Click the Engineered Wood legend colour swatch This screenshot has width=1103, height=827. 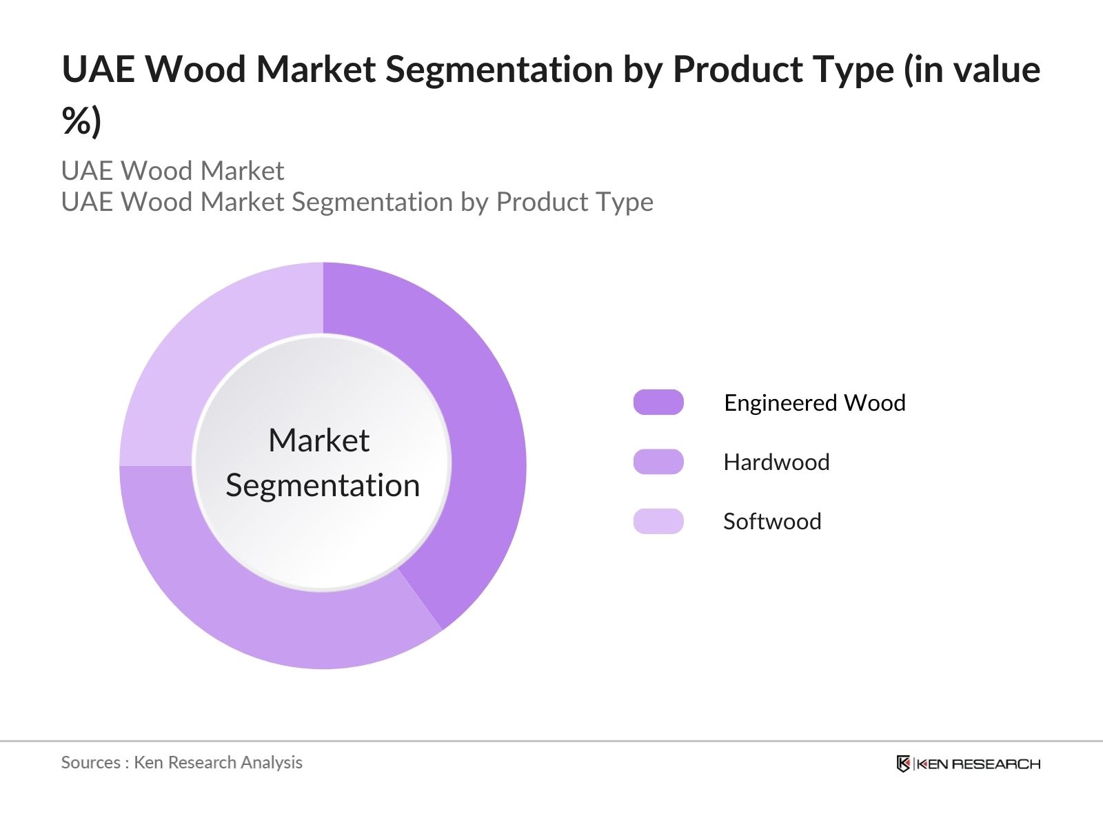pyautogui.click(x=658, y=402)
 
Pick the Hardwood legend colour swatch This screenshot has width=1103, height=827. pyautogui.click(x=658, y=462)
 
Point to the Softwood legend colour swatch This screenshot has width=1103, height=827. pyautogui.click(x=658, y=521)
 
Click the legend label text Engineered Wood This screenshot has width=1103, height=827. pyautogui.click(x=815, y=402)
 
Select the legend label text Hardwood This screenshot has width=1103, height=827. pyautogui.click(x=776, y=462)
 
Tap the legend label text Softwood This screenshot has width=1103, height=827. pyautogui.click(x=772, y=521)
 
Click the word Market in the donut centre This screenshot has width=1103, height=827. pyautogui.click(x=319, y=440)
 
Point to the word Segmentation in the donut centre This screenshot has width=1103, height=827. pyautogui.click(x=323, y=486)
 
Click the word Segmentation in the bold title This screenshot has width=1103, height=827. pyautogui.click(x=500, y=70)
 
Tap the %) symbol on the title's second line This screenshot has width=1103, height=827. pyautogui.click(x=81, y=121)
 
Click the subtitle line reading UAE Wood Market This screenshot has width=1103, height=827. pyautogui.click(x=173, y=171)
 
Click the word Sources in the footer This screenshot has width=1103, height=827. pyautogui.click(x=91, y=762)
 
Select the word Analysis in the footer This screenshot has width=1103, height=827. pyautogui.click(x=272, y=763)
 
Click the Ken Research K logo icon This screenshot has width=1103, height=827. pyautogui.click(x=903, y=764)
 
